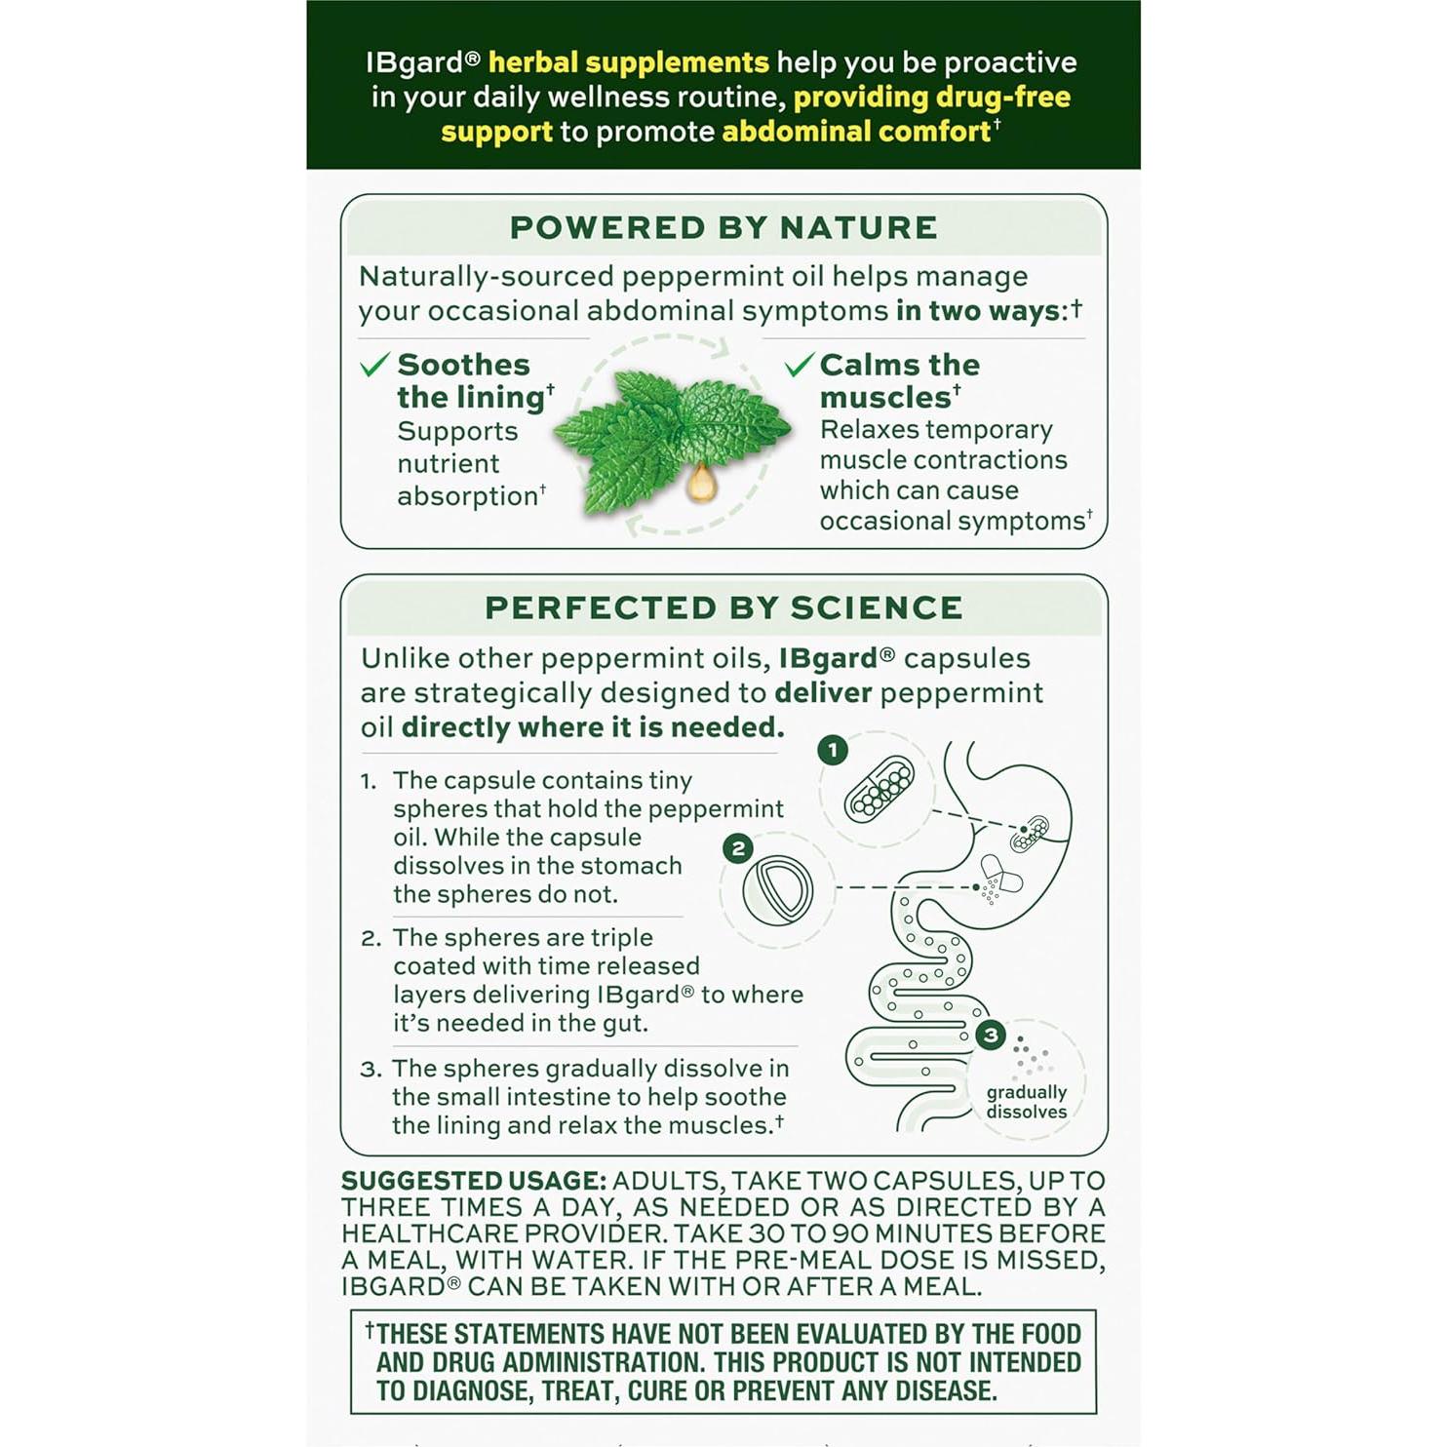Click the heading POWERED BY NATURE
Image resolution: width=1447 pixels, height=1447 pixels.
coord(723,227)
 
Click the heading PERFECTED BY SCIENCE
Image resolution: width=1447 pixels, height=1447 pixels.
coord(723,607)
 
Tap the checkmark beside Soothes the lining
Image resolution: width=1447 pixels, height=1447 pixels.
coord(374,365)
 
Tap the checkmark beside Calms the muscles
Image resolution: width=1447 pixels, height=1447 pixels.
coord(798,365)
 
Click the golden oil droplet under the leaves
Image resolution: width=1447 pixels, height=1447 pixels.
coord(700,482)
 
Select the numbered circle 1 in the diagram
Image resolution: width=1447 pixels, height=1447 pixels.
coord(832,750)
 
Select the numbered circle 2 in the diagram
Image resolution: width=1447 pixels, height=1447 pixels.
coord(738,848)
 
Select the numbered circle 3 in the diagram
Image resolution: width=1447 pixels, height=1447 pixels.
coord(991,1035)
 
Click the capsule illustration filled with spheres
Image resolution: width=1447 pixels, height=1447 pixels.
coord(880,788)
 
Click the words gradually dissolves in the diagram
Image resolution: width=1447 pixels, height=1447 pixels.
coord(1026,1102)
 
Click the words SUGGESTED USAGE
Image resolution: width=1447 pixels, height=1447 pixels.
coord(473,1181)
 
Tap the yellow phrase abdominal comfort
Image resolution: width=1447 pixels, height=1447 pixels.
coord(856,132)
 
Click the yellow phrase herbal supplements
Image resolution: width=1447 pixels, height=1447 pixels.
coord(628,62)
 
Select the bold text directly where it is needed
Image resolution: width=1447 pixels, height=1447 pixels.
coord(592,727)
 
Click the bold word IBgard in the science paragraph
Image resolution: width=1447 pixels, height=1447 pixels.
coord(828,659)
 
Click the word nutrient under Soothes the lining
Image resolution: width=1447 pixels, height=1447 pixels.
coord(448,463)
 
